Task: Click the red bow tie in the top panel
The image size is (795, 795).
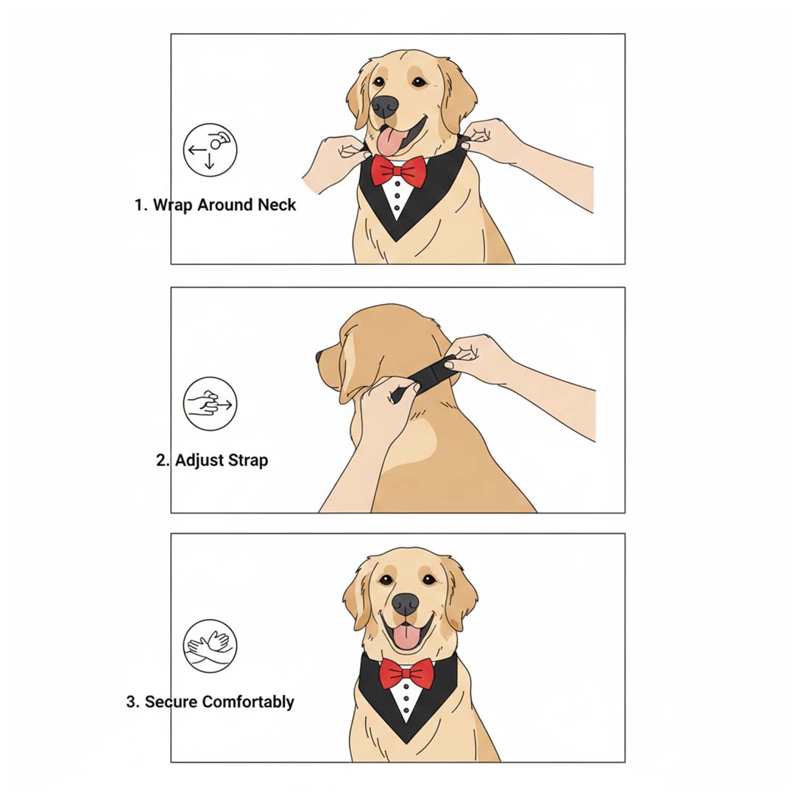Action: (x=398, y=171)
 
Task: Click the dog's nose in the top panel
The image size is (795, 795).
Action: (x=385, y=107)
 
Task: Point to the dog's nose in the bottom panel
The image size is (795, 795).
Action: (x=405, y=604)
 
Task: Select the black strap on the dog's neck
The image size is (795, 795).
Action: (x=428, y=377)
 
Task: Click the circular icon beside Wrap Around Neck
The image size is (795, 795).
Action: (x=210, y=150)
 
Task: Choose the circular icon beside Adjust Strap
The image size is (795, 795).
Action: (x=210, y=403)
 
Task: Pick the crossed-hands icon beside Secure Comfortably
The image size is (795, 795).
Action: (x=210, y=646)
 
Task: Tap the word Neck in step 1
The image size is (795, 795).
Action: (x=276, y=205)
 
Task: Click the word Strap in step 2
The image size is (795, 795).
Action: (x=246, y=461)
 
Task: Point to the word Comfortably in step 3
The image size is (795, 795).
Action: (x=248, y=702)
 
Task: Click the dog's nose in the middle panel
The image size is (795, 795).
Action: (x=319, y=356)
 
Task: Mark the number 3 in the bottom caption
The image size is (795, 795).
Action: (x=132, y=702)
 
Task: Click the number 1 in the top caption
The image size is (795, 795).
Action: (x=139, y=205)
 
